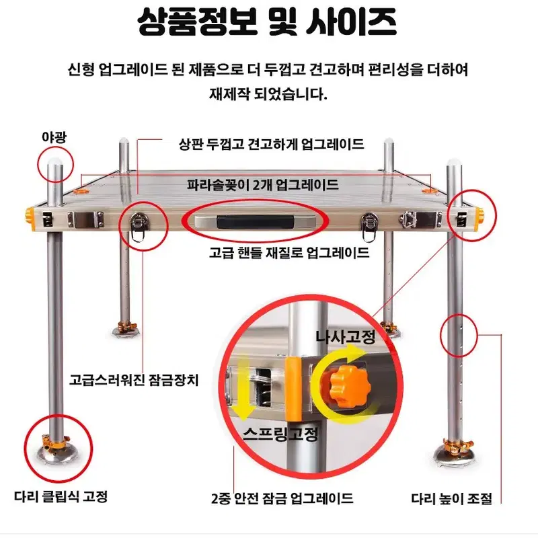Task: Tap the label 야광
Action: tap(54, 137)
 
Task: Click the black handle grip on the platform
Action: tap(256, 222)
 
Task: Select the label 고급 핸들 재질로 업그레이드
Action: tap(289, 254)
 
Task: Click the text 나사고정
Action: tap(345, 337)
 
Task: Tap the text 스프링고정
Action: tap(280, 434)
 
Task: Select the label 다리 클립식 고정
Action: tap(61, 496)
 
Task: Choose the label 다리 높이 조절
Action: tap(451, 498)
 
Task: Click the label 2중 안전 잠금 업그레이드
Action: tap(282, 498)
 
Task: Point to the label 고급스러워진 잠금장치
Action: tap(134, 380)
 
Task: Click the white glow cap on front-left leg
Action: tap(55, 161)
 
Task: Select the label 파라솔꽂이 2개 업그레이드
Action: tap(263, 185)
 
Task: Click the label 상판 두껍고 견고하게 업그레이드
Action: tap(272, 144)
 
